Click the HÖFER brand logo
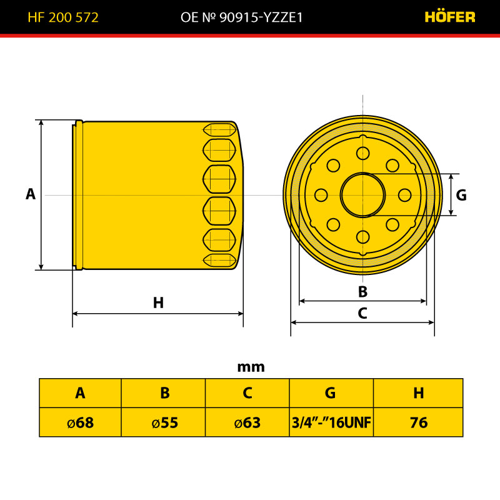tap(450, 17)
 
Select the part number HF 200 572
tap(63, 17)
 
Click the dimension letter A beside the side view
tap(31, 194)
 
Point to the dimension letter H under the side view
tap(159, 302)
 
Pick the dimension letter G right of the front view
tap(461, 195)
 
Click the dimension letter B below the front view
tap(362, 291)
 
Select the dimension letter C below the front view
tap(362, 313)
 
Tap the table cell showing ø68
tap(81, 422)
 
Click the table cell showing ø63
tap(247, 422)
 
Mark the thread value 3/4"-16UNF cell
tap(331, 422)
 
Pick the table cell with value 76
tap(418, 422)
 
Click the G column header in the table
tap(331, 393)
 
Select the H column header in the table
tap(418, 393)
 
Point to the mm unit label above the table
tap(251, 367)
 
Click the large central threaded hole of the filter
tap(363, 195)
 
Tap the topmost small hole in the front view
tap(363, 153)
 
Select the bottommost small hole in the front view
tap(363, 237)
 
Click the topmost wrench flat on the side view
tap(220, 130)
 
